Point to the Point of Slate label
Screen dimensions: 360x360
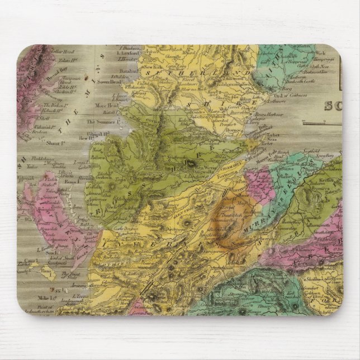[x=69, y=274]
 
